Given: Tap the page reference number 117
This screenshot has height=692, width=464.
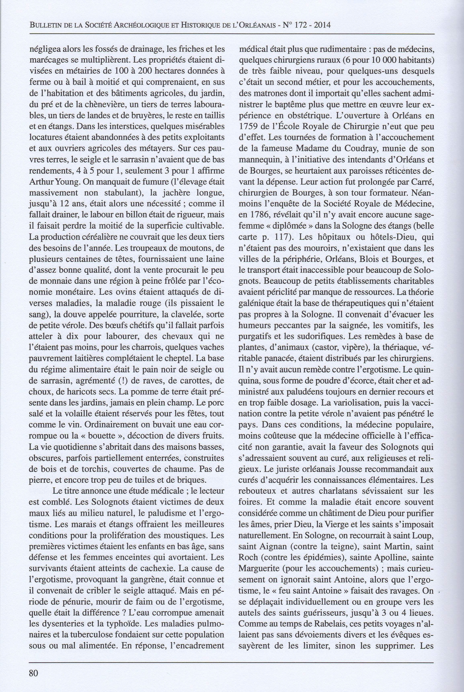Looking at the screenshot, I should click(283, 237).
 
